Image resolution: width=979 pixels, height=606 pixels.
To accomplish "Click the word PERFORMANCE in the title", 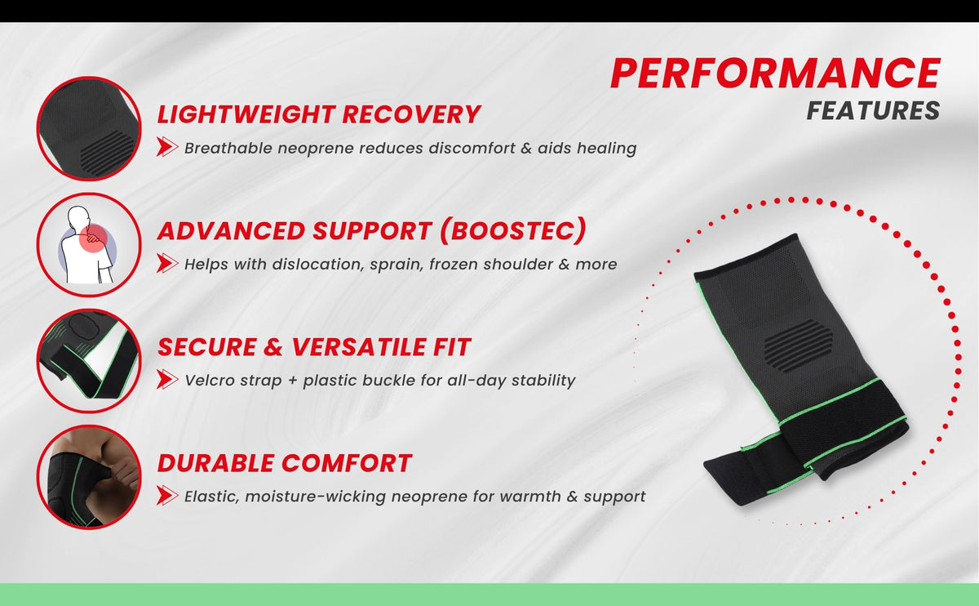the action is (x=775, y=73).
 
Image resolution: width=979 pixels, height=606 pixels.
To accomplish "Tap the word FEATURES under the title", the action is (x=873, y=111).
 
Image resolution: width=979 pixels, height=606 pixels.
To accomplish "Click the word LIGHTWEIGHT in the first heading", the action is (x=246, y=114).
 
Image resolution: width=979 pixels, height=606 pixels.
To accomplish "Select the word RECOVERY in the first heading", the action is (x=411, y=114).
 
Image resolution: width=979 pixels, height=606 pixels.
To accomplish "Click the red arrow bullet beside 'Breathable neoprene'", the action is (x=167, y=147).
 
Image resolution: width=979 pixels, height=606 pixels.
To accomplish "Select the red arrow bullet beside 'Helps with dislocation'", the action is (x=167, y=264).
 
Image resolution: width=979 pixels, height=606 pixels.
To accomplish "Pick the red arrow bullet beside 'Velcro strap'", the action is (x=167, y=379).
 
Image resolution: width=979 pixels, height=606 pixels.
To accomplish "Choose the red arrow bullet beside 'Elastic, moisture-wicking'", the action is (x=167, y=496).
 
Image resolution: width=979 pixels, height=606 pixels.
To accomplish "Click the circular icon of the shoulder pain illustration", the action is (x=89, y=245).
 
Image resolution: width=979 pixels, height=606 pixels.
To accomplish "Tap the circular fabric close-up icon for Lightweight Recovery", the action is (x=89, y=129).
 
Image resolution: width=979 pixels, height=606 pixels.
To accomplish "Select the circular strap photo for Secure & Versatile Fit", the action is (x=89, y=361).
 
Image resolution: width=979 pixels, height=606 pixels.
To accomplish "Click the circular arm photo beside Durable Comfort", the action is (x=89, y=477).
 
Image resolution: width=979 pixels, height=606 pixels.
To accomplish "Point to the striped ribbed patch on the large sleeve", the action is (x=798, y=345).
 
